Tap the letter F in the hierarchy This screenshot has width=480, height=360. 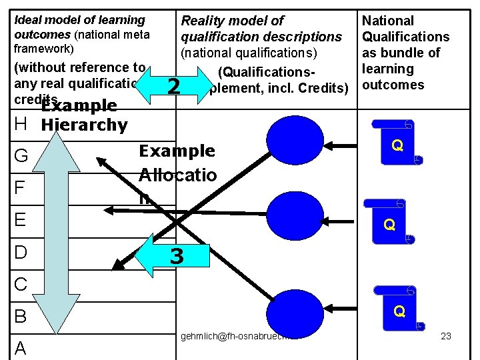coord(20,188)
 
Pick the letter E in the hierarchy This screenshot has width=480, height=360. coord(21,220)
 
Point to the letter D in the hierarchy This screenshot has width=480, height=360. coord(21,253)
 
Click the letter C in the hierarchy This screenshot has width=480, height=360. coord(21,284)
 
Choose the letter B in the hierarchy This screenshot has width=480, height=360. coord(21,316)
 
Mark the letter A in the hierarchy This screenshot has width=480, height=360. coord(21,347)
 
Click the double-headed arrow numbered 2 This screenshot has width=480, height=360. coord(173,85)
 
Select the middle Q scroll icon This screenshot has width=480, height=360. coord(389,225)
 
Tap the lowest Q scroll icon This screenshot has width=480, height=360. coord(399,311)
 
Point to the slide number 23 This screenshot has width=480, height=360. coord(446,336)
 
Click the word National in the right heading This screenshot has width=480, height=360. coord(387,21)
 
